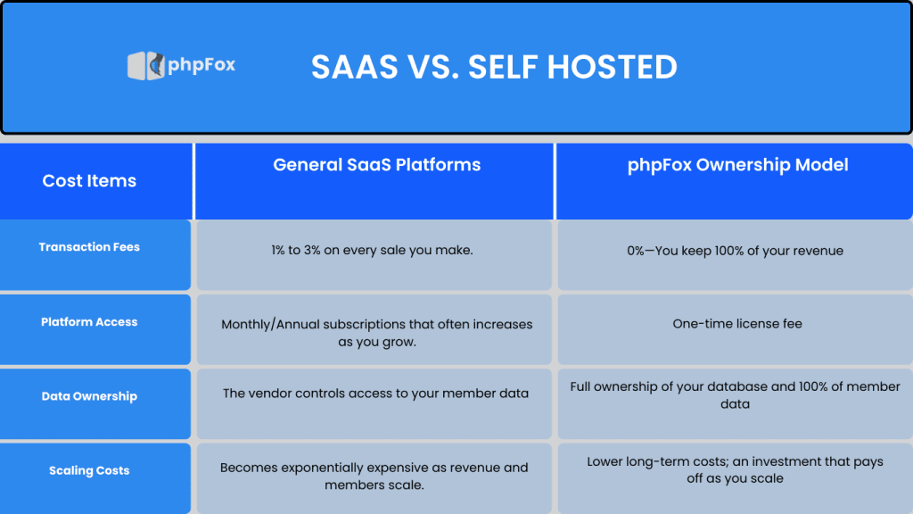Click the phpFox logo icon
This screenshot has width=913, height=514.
click(146, 65)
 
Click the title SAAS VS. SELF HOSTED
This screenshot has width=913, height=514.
click(494, 67)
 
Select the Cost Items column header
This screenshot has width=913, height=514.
click(89, 181)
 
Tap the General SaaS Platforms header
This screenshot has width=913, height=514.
click(376, 165)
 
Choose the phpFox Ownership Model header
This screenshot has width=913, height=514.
click(737, 165)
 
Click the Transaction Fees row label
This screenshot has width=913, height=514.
click(89, 247)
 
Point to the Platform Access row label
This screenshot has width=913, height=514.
click(89, 322)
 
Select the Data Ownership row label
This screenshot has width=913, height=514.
click(89, 396)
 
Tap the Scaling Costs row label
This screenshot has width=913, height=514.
click(89, 470)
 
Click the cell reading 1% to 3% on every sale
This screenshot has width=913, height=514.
click(373, 251)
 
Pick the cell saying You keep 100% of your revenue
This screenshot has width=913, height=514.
click(735, 251)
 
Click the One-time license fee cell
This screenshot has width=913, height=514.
click(736, 324)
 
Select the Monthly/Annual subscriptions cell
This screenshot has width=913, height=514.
click(376, 333)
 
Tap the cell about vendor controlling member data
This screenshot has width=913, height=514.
click(375, 394)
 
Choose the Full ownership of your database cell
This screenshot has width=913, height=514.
click(735, 395)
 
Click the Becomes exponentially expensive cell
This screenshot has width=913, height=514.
click(374, 477)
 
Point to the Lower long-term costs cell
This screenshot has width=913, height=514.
click(735, 469)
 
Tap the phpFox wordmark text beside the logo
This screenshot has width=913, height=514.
click(202, 65)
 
